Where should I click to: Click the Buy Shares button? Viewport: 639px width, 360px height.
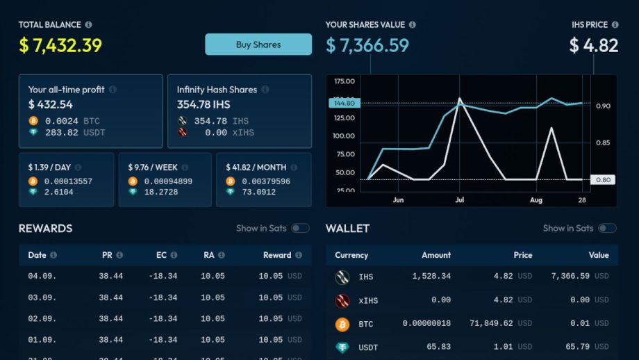pos(258,44)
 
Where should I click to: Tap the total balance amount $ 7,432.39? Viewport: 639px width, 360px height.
pos(60,46)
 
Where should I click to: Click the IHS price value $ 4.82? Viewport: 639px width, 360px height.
pos(593,46)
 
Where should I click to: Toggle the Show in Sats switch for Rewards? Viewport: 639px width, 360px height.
pos(300,228)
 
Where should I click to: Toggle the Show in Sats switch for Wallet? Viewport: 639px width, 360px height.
pos(607,228)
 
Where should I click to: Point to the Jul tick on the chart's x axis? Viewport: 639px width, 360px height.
pos(459,199)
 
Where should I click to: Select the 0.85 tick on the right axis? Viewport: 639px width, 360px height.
pos(603,142)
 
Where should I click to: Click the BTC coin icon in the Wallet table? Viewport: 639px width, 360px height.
pos(342,324)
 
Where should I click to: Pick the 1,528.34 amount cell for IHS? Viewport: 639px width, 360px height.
pos(431,277)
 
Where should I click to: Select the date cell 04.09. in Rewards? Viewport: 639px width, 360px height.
pos(42,277)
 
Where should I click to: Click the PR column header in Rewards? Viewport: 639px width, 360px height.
pos(107,255)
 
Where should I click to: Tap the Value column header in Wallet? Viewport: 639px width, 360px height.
pos(599,255)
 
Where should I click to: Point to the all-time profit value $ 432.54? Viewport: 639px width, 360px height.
pos(50,104)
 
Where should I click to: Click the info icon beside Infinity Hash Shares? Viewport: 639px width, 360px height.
pos(265,90)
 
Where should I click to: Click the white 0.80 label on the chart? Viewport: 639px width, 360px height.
pos(602,179)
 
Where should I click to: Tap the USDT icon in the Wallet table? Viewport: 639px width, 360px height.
pos(342,346)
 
